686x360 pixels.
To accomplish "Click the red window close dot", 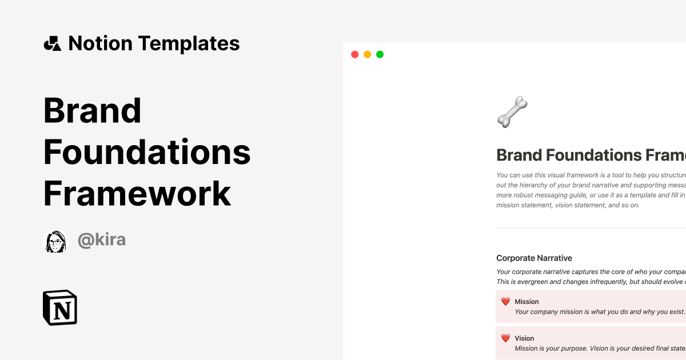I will click(x=354, y=54).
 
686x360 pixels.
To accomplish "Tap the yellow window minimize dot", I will click(x=367, y=54).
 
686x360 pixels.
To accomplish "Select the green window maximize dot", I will click(x=380, y=54).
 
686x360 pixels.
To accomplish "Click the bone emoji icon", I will click(x=512, y=111).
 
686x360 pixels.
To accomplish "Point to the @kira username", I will click(x=102, y=240).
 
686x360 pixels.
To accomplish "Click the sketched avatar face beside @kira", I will click(x=56, y=242).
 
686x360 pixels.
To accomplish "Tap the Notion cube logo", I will click(x=60, y=308).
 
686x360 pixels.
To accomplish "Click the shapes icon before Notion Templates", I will click(x=53, y=43).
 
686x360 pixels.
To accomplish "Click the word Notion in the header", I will click(x=100, y=43).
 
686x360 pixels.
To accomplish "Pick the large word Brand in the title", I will click(x=93, y=111).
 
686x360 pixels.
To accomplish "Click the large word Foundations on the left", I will click(x=147, y=153).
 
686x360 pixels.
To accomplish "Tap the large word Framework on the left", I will click(x=137, y=194).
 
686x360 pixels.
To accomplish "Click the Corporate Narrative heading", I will click(x=534, y=258).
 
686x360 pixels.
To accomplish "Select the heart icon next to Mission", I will click(x=505, y=302).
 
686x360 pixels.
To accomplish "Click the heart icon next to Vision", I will click(x=505, y=338).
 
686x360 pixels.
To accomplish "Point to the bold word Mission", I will click(x=527, y=302).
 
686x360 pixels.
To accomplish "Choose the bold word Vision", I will click(x=524, y=338).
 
